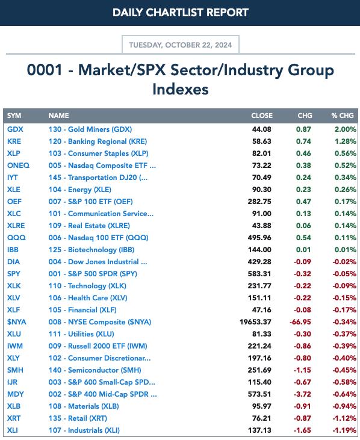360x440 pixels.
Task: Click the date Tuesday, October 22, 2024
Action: coord(181,45)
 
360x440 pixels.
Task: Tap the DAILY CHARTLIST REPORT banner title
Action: coord(181,13)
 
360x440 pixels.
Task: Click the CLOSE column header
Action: coord(262,116)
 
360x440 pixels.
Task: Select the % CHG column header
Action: coord(343,116)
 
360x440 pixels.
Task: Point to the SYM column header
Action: coord(14,116)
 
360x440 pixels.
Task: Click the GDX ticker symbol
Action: coord(15,129)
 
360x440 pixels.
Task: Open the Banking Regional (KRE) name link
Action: coord(98,141)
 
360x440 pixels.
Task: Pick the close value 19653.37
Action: coord(255,322)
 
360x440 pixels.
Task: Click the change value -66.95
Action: coord(300,322)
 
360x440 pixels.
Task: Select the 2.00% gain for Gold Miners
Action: coord(345,129)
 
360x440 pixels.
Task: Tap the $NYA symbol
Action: coord(16,322)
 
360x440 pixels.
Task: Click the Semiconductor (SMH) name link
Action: coord(95,370)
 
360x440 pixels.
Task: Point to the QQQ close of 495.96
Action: coord(259,238)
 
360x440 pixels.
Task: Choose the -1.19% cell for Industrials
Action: coord(344,430)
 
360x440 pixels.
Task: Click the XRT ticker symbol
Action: coord(14,418)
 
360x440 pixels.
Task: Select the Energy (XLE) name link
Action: coord(79,190)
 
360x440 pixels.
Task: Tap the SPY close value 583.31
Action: coord(259,274)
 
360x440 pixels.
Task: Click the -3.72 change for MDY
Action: coord(302,394)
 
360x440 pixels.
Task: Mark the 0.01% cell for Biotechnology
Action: coord(345,250)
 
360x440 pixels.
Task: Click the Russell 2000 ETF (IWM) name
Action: coord(98,346)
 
